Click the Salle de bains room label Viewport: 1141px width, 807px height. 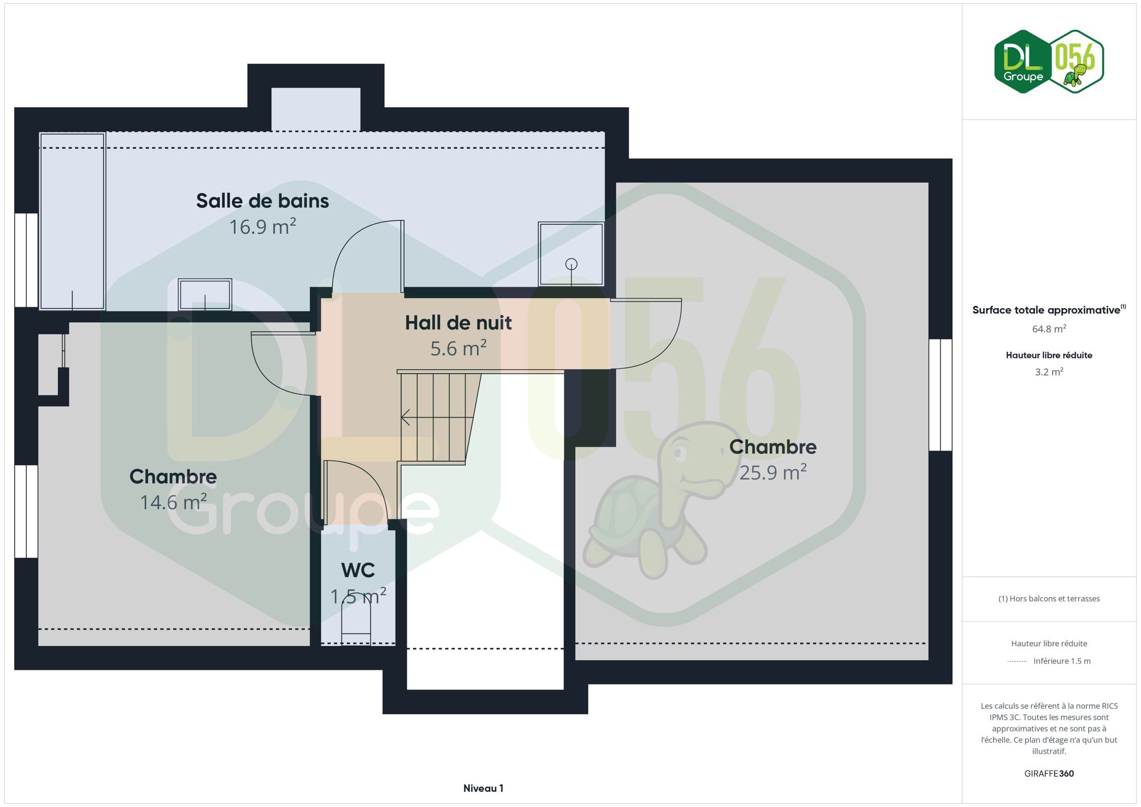pos(262,201)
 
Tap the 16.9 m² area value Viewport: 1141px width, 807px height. pos(262,226)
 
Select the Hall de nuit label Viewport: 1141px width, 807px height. pos(458,323)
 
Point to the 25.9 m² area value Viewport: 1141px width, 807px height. pos(773,472)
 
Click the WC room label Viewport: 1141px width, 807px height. pos(358,570)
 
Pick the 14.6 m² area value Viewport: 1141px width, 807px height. pos(173,502)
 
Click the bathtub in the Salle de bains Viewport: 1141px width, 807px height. pos(72,221)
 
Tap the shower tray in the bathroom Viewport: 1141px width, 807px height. pos(571,254)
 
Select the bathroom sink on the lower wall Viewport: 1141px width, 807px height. pos(205,295)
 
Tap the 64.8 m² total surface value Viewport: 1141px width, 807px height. pos(1048,329)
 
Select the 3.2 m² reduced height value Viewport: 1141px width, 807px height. pos(1048,372)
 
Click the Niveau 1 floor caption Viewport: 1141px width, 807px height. pos(483,788)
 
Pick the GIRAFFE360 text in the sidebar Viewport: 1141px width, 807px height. pos(1048,773)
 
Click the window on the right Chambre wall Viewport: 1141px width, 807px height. pos(940,395)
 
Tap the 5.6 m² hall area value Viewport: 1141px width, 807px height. pos(458,349)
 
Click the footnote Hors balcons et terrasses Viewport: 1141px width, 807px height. pos(1048,599)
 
